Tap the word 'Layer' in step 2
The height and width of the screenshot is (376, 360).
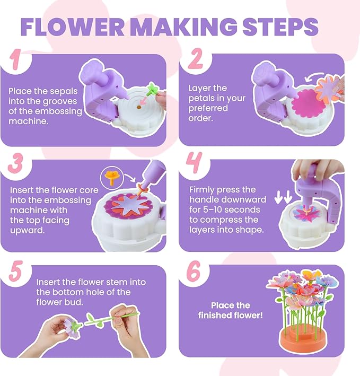(x=200, y=89)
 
